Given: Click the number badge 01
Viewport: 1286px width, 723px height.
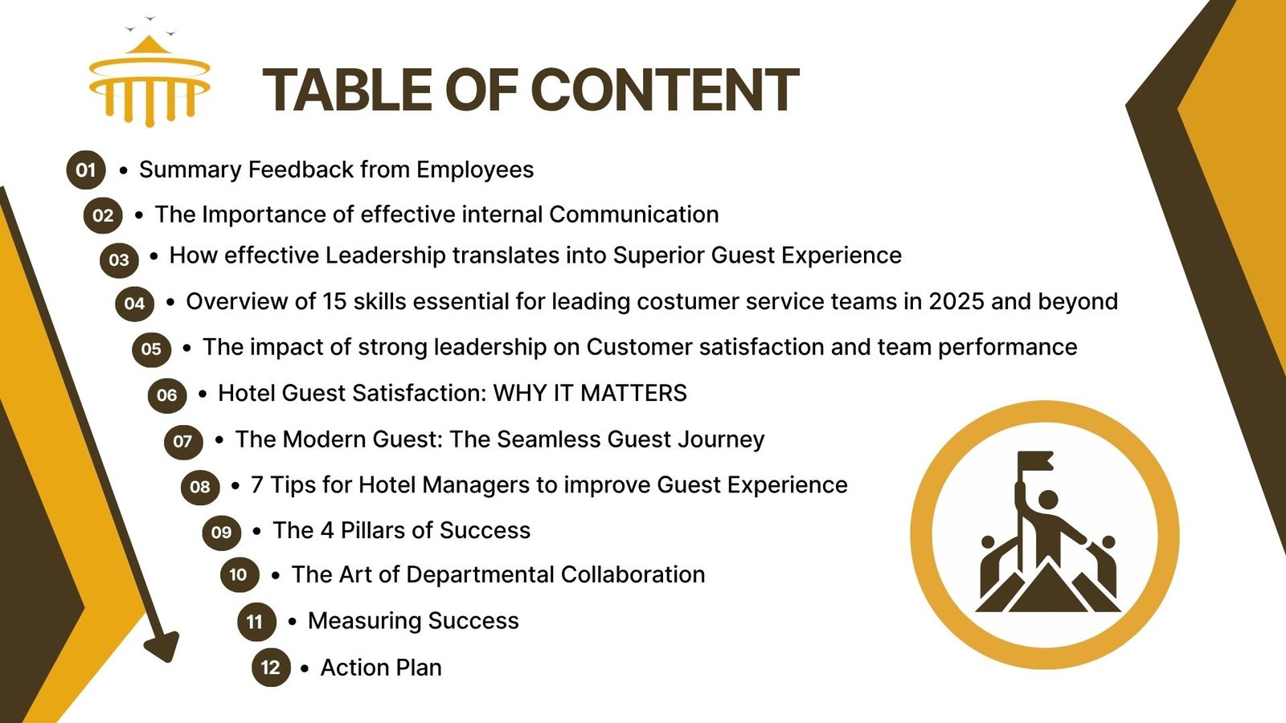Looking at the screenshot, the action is (x=86, y=170).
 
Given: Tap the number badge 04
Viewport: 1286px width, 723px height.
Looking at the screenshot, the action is (x=135, y=303).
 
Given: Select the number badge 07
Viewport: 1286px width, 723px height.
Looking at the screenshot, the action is (x=183, y=441).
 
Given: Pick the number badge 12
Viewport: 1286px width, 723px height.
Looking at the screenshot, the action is (x=271, y=668).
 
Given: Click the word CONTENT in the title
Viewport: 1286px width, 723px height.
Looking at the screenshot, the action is (x=665, y=89).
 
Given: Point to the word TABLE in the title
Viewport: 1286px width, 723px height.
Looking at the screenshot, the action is (x=347, y=89).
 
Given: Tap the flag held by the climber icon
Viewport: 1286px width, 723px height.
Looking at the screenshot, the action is (x=1036, y=461).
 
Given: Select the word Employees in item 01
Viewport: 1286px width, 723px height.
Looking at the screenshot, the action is (x=475, y=170).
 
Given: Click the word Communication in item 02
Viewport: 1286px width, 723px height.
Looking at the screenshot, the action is (x=634, y=214).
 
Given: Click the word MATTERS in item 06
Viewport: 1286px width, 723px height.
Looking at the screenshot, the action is (x=633, y=393).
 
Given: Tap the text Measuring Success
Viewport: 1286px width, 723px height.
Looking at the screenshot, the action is (x=413, y=621).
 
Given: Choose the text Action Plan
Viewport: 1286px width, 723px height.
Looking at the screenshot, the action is (x=381, y=668).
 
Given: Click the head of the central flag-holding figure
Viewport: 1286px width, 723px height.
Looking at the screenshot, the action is (x=1048, y=500).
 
